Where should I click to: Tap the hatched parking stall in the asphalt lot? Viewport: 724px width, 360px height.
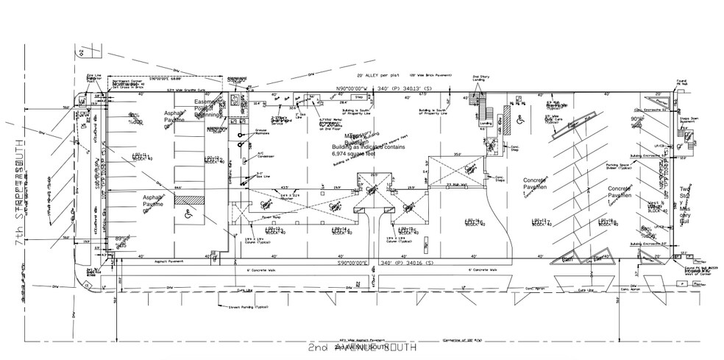tap(193, 200)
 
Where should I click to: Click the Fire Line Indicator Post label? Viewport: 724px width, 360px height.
tap(94, 77)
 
